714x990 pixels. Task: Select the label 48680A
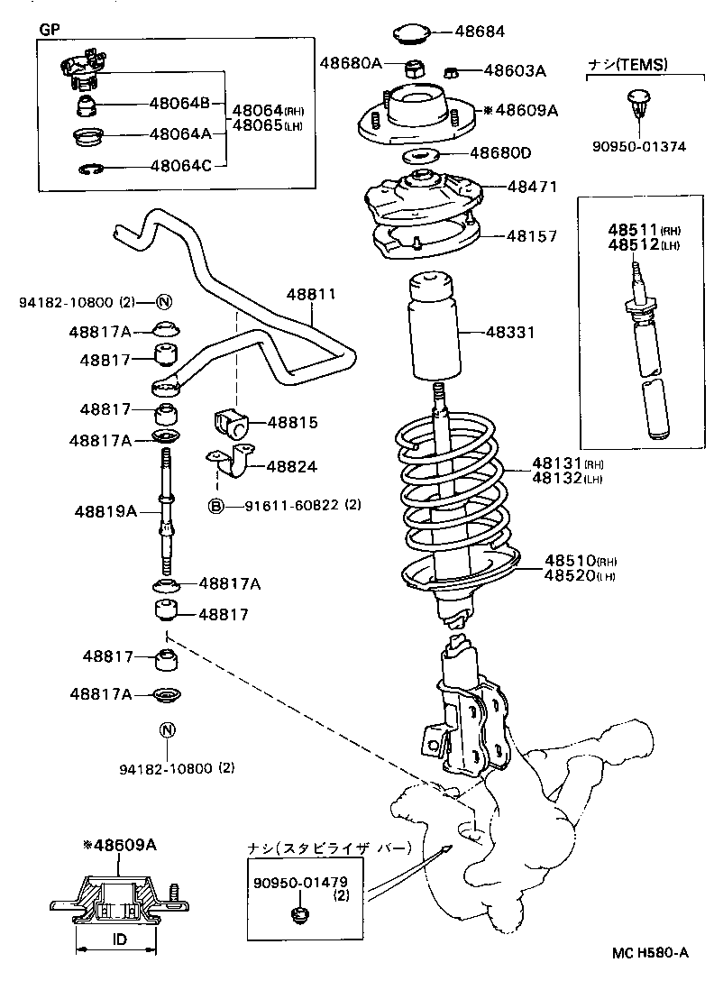click(x=351, y=62)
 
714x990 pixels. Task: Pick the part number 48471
click(x=532, y=187)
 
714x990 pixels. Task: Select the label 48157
click(x=532, y=235)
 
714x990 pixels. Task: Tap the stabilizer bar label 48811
click(x=312, y=295)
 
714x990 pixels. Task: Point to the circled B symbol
click(x=216, y=506)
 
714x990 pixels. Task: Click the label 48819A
click(x=105, y=511)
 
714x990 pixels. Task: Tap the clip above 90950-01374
click(x=638, y=103)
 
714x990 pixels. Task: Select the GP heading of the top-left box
click(x=48, y=29)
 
